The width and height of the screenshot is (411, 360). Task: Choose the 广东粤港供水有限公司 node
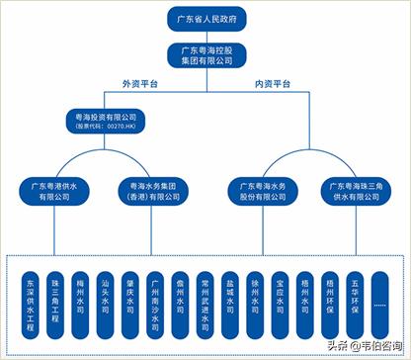(53, 190)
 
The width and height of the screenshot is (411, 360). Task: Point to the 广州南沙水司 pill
(154, 298)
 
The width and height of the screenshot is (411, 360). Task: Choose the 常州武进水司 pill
(204, 298)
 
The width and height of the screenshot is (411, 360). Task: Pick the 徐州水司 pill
(253, 298)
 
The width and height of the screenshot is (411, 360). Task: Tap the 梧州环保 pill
(327, 298)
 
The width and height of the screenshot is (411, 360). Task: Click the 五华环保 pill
(353, 298)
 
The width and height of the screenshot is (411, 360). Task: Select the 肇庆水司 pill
(129, 298)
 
